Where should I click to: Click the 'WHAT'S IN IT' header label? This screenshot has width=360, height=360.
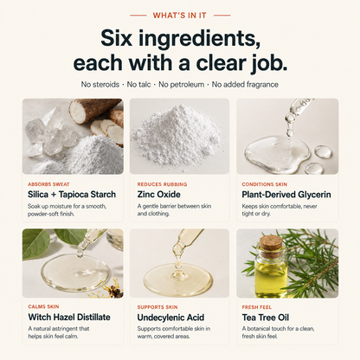click(180, 16)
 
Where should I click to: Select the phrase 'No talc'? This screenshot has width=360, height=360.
click(138, 85)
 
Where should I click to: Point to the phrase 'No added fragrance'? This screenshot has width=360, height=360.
click(245, 85)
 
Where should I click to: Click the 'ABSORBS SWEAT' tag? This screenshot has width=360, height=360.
click(48, 184)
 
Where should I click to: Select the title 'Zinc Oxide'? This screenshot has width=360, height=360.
click(158, 195)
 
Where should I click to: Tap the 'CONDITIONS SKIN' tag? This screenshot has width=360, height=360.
click(264, 184)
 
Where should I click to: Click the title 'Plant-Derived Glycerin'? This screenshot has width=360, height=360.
click(286, 195)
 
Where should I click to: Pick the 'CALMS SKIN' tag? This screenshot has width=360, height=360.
click(43, 306)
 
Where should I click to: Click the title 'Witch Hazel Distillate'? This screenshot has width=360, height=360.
click(69, 318)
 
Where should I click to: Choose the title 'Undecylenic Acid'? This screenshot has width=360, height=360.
click(170, 318)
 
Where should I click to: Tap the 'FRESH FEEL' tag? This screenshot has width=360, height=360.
click(257, 307)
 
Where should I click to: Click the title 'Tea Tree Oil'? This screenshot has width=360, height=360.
click(266, 318)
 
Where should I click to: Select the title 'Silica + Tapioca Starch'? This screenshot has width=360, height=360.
click(72, 195)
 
